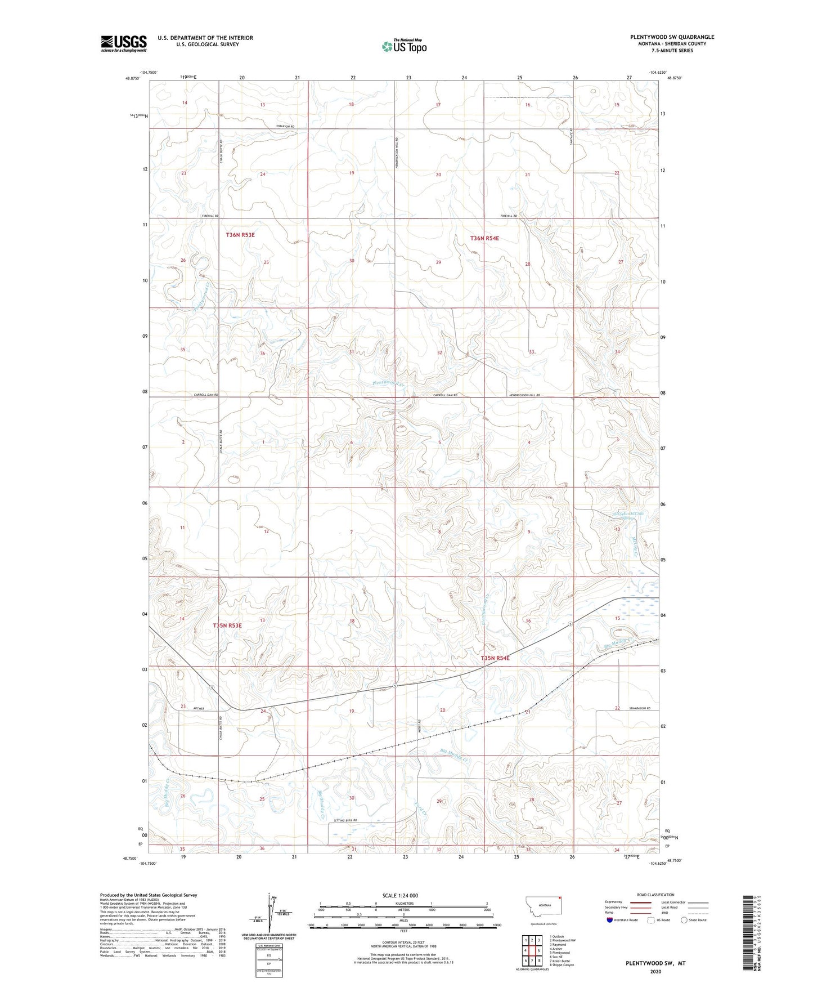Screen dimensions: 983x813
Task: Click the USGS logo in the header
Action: [x=124, y=43]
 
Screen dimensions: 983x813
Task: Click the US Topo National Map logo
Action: [x=404, y=46]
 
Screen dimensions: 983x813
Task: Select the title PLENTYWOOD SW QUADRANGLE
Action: [x=672, y=37]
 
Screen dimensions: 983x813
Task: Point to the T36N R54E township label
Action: [x=484, y=238]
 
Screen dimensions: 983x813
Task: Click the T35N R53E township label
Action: [x=227, y=625]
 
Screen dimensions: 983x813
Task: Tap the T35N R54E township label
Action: [x=495, y=658]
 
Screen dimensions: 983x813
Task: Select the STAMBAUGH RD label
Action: [x=640, y=708]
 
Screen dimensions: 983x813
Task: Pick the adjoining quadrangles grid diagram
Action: [x=531, y=951]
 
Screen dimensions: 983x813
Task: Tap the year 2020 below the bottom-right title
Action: [x=655, y=971]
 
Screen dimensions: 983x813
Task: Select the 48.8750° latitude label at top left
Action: [x=131, y=79]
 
